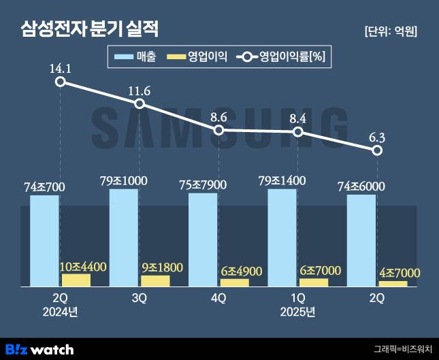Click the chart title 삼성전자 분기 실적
[x=90, y=29]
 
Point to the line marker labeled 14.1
[x=61, y=82]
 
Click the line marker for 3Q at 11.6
[x=140, y=103]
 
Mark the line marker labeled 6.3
[x=377, y=150]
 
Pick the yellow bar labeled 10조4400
[x=76, y=280]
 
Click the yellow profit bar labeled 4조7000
[x=393, y=283]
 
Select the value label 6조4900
[x=241, y=271]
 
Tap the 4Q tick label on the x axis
[x=218, y=298]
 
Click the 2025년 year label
[x=297, y=312]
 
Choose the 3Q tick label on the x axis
[x=140, y=298]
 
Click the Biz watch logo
[x=39, y=349]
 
